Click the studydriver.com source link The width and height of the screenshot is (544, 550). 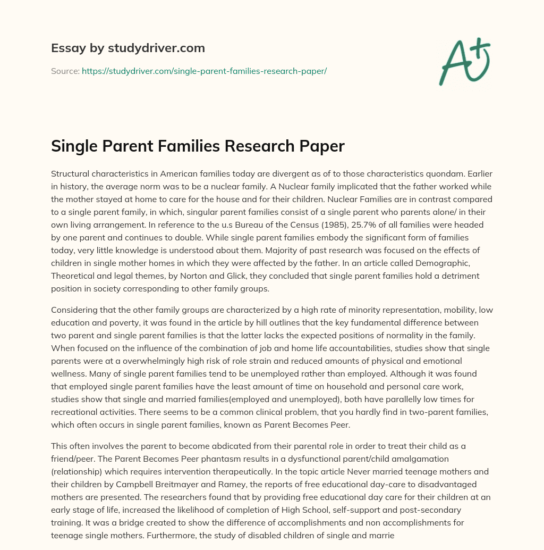coord(204,71)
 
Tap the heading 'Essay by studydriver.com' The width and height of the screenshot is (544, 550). coord(127,48)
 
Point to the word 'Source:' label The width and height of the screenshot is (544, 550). coord(65,71)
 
